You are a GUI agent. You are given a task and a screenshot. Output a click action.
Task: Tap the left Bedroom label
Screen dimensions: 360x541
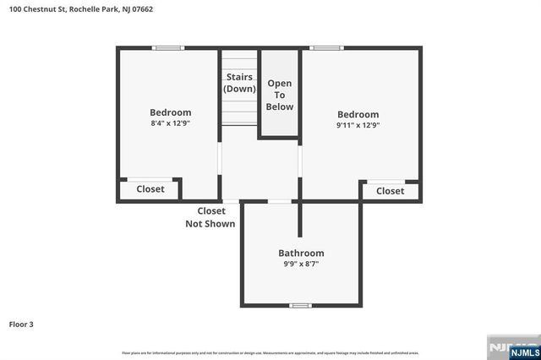coord(171,112)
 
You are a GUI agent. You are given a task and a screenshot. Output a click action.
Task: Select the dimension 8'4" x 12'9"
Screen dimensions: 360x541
coord(171,123)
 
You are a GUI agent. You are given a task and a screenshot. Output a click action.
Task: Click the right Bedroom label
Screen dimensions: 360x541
coord(358,114)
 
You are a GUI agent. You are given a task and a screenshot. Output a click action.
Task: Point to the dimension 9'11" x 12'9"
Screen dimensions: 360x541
coord(358,125)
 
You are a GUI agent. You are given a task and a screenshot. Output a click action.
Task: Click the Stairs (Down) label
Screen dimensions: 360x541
coord(239,83)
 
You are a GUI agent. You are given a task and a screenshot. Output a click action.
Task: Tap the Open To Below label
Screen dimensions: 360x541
coord(280,95)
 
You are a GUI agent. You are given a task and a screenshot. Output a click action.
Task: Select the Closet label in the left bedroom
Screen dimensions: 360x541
coord(150,189)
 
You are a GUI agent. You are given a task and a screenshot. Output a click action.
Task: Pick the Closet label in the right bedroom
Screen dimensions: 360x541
coord(390,191)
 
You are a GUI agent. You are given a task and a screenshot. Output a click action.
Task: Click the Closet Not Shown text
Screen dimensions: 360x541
coord(210,217)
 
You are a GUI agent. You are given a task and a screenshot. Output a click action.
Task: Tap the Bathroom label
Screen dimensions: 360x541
coord(301,253)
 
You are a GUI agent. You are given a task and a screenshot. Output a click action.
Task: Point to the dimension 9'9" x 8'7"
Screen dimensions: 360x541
coord(301,264)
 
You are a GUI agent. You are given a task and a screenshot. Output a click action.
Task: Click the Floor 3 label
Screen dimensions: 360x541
coord(21,324)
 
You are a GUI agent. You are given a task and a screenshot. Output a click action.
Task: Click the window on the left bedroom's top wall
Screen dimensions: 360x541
coord(168,48)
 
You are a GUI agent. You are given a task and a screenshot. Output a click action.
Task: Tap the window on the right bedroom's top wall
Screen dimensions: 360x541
coord(325,48)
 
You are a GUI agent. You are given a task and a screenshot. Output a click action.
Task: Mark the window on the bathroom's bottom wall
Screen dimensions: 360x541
coord(300,305)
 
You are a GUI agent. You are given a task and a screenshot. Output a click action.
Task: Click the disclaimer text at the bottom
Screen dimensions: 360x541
coord(270,352)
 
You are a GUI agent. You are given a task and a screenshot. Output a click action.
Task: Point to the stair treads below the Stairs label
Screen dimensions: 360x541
coord(239,110)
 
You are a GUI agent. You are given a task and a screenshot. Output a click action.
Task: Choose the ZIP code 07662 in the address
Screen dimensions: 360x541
coord(141,9)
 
